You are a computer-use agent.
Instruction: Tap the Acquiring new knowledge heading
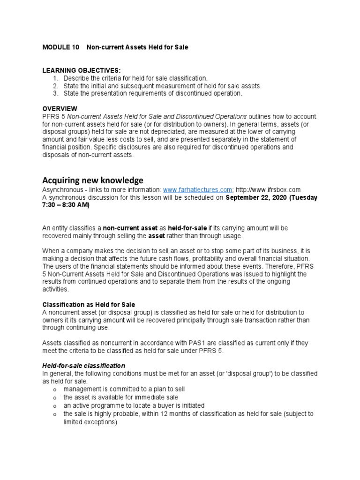click(x=93, y=180)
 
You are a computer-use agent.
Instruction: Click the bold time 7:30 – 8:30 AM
click(x=65, y=205)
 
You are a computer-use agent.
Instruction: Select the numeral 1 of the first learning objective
click(x=55, y=78)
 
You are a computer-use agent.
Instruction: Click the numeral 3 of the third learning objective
click(x=55, y=93)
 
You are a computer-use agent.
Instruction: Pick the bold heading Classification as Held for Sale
click(x=89, y=305)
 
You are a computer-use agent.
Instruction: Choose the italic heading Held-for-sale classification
click(x=84, y=365)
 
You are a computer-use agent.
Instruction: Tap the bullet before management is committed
click(x=55, y=390)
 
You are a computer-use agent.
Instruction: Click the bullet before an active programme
click(x=55, y=405)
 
